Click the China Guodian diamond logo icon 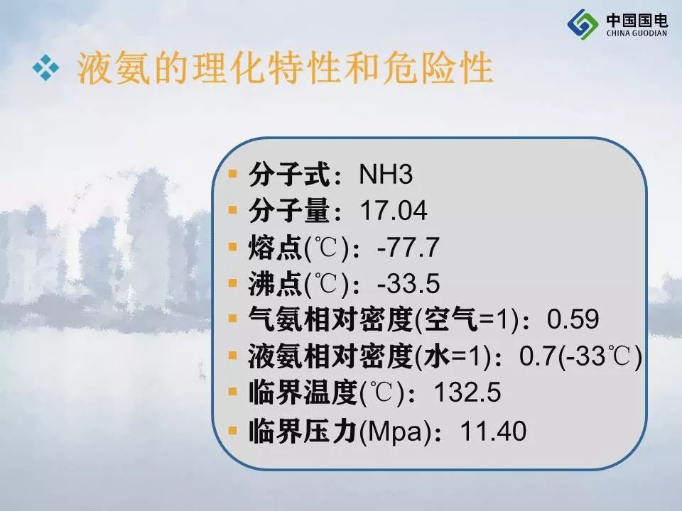[x=583, y=24]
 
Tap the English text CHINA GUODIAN [x=637, y=33]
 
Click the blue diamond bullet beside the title [x=45, y=68]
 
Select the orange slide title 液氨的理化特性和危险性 [x=285, y=68]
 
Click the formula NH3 [x=386, y=175]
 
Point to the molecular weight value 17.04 [x=393, y=211]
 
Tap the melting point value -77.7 [x=408, y=247]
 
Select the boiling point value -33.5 [x=408, y=283]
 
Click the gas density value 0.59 [x=573, y=319]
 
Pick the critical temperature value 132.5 [x=467, y=392]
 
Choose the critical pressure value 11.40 [x=493, y=431]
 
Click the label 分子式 [x=289, y=175]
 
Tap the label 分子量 [x=289, y=211]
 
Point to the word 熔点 [x=276, y=248]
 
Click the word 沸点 [x=276, y=284]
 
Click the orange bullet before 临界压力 [x=233, y=430]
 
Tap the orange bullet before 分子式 [x=233, y=174]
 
